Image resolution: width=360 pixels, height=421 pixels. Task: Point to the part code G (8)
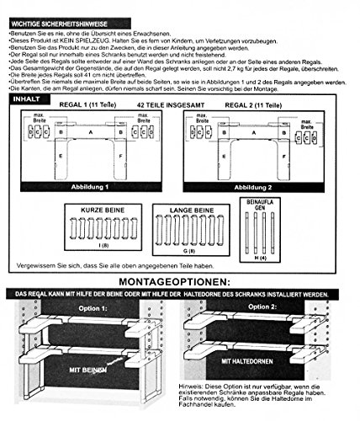coord(193,250)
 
